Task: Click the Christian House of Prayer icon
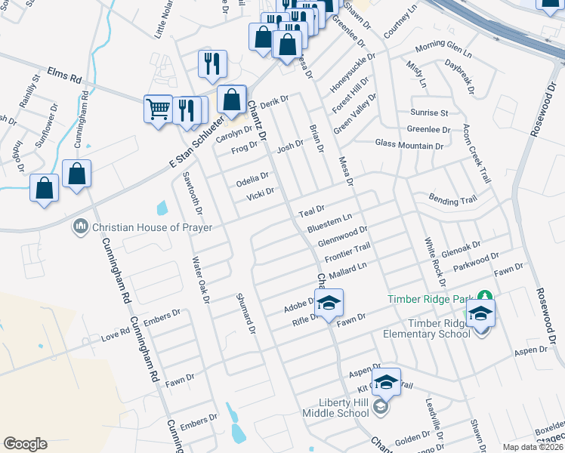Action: click(81, 226)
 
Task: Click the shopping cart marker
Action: click(158, 109)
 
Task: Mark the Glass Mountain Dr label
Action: click(412, 143)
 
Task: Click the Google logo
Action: click(25, 444)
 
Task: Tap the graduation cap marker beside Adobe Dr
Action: click(329, 304)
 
